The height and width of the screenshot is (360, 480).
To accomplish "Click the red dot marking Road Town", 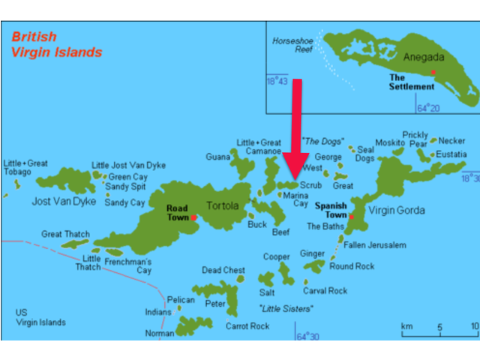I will click(x=193, y=217).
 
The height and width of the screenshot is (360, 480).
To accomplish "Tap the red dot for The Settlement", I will click(x=433, y=72).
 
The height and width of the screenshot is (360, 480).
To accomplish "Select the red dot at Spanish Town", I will click(x=351, y=216).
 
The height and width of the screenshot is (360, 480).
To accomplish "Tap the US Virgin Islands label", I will click(x=40, y=317).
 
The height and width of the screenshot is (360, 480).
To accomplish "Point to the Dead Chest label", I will click(x=223, y=270).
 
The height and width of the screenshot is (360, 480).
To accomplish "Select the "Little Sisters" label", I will click(x=285, y=308).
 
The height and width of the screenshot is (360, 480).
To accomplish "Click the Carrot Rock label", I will click(x=247, y=326).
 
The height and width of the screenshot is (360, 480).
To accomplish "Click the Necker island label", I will click(x=452, y=140).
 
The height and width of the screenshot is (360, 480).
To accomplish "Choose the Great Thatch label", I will click(x=65, y=234).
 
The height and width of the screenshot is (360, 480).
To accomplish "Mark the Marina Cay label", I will click(x=295, y=199).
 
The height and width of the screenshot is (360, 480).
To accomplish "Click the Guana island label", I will click(x=217, y=157).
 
